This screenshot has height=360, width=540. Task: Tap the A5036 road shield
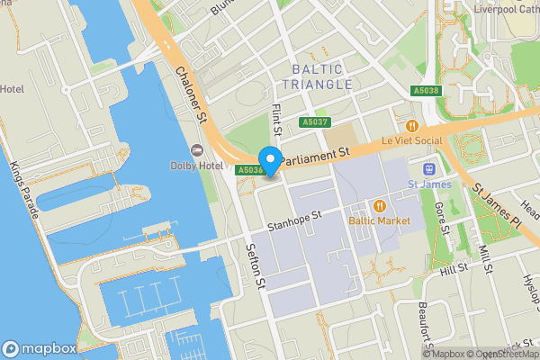click(250, 170)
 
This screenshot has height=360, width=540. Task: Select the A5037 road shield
click(315, 122)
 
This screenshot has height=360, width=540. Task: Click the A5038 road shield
click(427, 91)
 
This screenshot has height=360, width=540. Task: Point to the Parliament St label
click(313, 157)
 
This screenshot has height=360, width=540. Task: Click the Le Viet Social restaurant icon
click(412, 127)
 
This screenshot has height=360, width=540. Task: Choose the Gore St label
click(443, 217)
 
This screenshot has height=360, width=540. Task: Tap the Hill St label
click(454, 268)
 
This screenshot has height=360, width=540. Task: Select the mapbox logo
click(39, 348)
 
